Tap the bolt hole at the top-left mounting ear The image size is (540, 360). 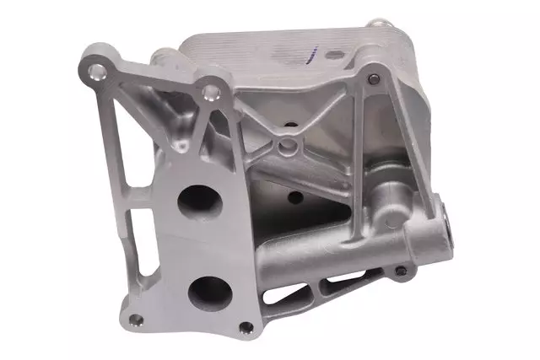tap(100, 68)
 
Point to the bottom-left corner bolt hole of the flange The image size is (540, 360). tap(134, 320)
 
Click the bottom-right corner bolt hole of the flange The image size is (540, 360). tap(246, 327)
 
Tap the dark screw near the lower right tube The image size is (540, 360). tap(401, 271)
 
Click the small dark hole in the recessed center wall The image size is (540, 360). tap(294, 197)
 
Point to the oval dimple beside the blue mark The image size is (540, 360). tap(335, 55)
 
